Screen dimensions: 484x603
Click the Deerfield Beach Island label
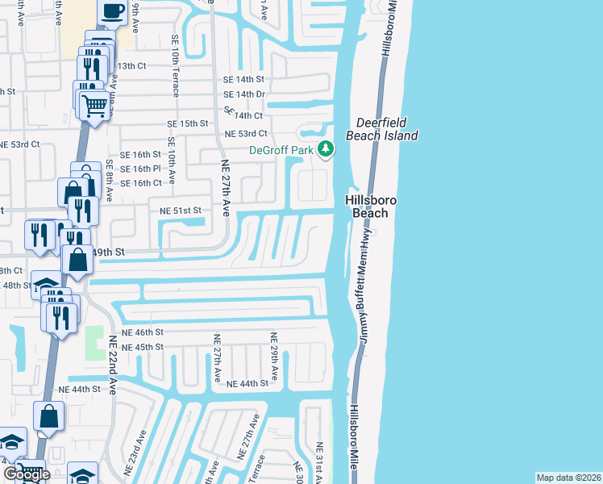[382, 129]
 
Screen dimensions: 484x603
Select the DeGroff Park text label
[281, 149]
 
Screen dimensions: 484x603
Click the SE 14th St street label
[244, 79]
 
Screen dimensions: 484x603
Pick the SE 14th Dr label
[244, 94]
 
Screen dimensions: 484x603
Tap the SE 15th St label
[187, 124]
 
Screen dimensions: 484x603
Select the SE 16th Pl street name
[141, 169]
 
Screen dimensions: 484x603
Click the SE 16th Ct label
[141, 183]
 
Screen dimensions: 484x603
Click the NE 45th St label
[142, 347]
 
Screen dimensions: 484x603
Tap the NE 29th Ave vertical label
[274, 357]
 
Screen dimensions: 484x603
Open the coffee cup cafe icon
[113, 12]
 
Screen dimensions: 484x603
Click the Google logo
[27, 474]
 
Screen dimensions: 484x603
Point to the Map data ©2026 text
[568, 478]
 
